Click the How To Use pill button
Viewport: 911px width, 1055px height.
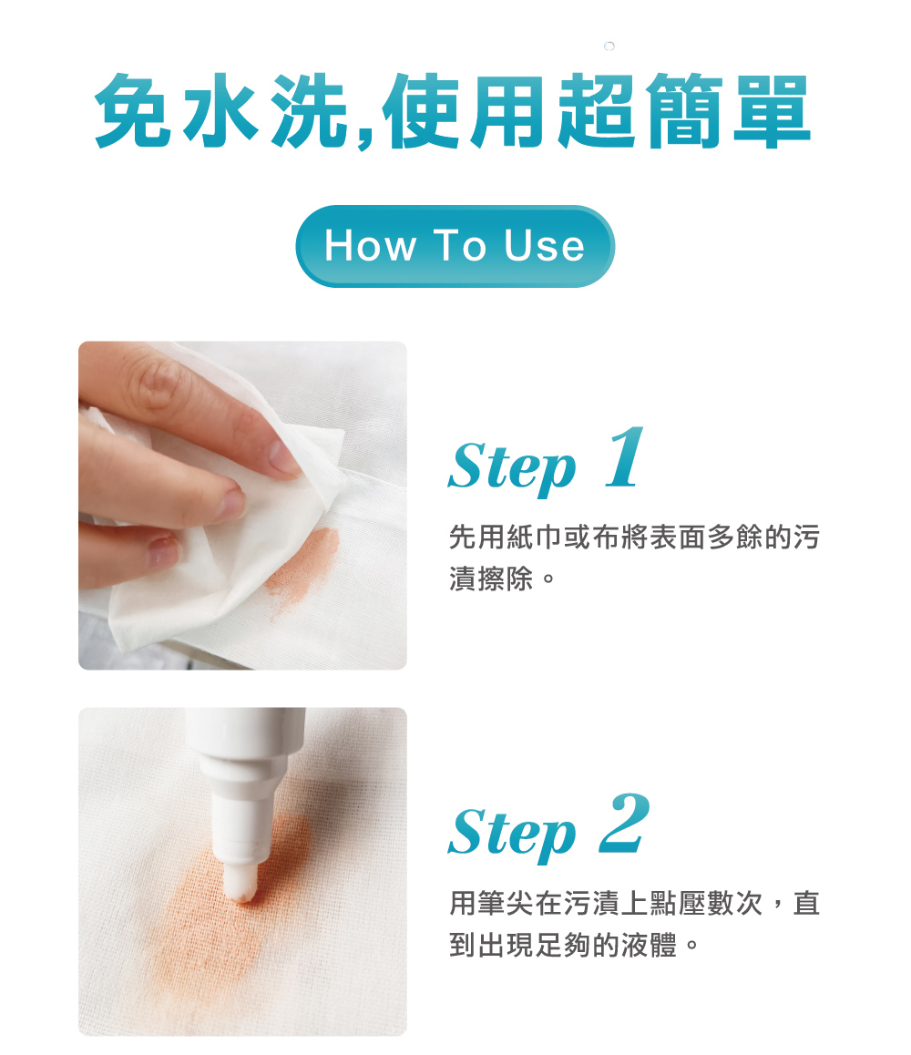(x=455, y=246)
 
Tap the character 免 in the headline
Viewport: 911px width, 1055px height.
(x=132, y=109)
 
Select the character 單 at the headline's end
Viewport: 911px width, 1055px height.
(x=772, y=111)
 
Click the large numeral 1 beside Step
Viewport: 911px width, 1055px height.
(x=624, y=456)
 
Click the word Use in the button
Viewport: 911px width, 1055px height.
(x=544, y=245)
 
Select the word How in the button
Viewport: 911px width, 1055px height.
(x=370, y=245)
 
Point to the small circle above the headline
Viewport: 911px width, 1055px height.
(x=609, y=46)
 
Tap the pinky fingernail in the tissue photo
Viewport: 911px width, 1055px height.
(x=164, y=551)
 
